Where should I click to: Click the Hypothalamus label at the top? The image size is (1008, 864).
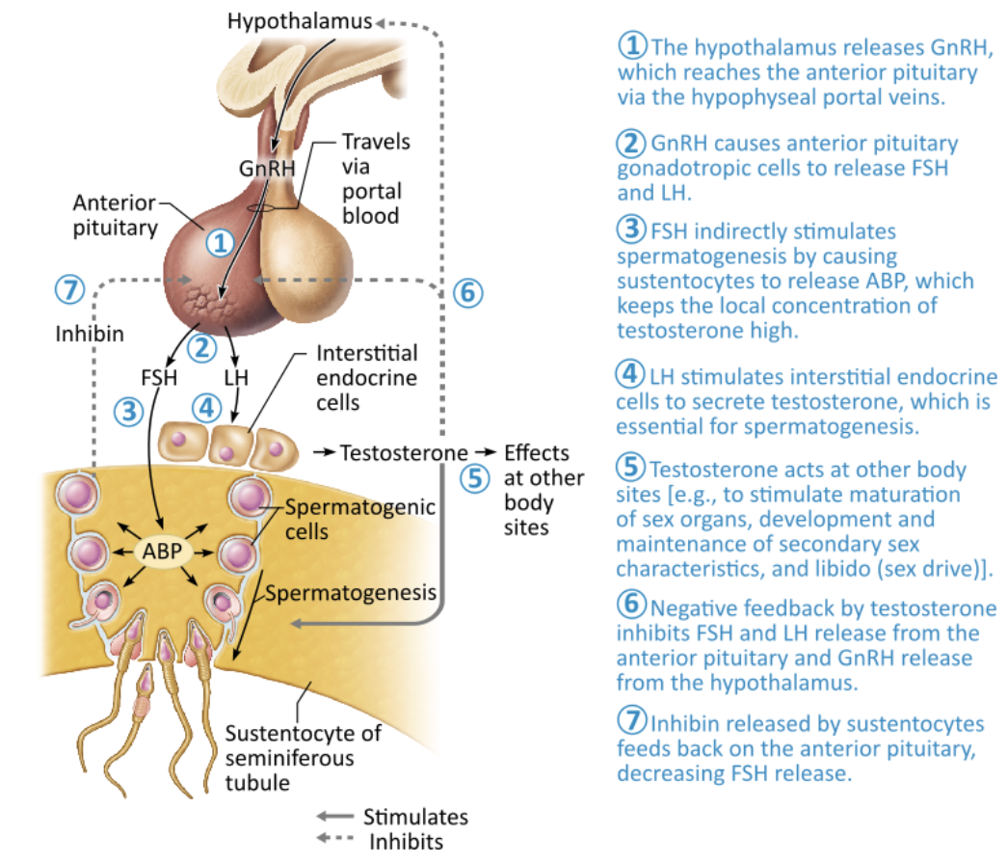click(299, 19)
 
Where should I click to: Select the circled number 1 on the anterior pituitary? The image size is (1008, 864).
click(220, 242)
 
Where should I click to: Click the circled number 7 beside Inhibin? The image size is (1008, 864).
click(69, 288)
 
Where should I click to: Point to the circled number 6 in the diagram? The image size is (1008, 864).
click(466, 292)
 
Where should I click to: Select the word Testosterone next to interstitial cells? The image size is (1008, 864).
click(404, 452)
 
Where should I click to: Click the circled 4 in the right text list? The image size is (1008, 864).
click(629, 373)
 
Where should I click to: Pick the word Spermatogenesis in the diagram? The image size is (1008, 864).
click(351, 591)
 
